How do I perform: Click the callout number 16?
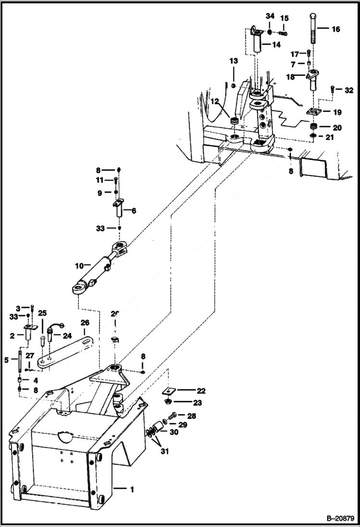335,29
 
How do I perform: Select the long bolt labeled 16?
314,29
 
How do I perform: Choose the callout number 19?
337,112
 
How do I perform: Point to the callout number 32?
349,90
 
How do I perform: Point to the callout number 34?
269,18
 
